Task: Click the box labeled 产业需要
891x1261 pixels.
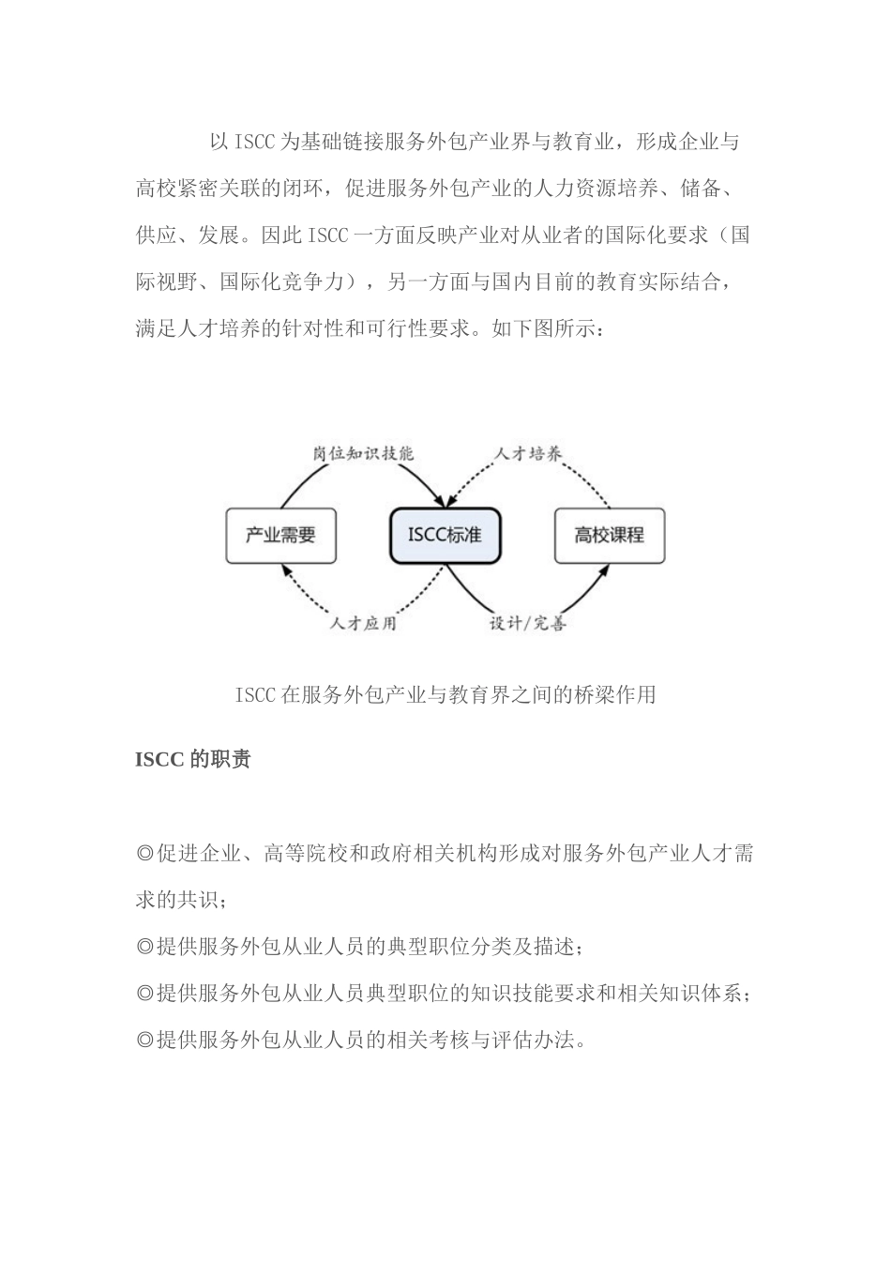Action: [x=280, y=536]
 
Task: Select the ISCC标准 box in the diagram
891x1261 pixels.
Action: [x=445, y=535]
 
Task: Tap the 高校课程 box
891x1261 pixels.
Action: [x=609, y=536]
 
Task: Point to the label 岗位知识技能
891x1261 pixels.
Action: [x=363, y=452]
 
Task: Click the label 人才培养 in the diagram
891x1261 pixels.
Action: [x=528, y=453]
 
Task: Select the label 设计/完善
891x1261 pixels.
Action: [x=527, y=622]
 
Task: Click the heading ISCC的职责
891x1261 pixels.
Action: [x=192, y=759]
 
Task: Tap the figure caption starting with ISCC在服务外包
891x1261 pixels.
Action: [x=445, y=695]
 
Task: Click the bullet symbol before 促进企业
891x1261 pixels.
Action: [x=144, y=854]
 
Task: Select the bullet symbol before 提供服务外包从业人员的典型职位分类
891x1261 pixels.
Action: [x=144, y=947]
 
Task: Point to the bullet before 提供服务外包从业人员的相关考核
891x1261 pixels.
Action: [x=144, y=1040]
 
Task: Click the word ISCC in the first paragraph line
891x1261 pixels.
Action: [x=254, y=143]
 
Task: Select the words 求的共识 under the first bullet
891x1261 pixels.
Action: [x=178, y=900]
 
